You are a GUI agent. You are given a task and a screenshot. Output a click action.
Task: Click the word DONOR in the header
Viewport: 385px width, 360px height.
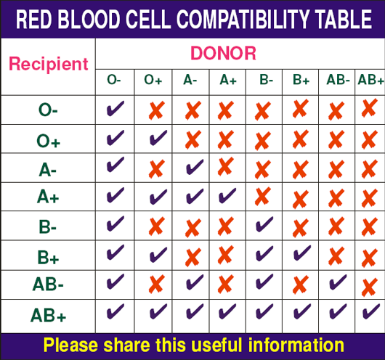(x=223, y=53)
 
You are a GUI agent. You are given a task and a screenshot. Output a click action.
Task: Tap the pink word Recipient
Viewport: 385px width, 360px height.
(x=49, y=64)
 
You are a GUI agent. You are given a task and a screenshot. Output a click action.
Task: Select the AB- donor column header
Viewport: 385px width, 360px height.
(x=338, y=80)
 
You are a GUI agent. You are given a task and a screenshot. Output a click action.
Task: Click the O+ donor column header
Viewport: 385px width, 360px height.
(x=153, y=80)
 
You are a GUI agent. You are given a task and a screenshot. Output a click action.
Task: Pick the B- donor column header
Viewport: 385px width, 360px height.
(x=267, y=80)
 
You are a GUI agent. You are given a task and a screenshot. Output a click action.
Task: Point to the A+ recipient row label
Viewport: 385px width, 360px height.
(x=48, y=197)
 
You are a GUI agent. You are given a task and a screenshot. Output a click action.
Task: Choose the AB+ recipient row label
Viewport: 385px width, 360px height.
(x=49, y=315)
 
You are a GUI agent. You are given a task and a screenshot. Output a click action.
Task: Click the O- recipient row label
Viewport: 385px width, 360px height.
(x=48, y=110)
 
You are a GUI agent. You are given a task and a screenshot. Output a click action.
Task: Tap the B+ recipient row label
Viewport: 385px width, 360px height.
(x=48, y=257)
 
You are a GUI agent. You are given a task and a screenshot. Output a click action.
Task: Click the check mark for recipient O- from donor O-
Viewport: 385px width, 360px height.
(x=115, y=108)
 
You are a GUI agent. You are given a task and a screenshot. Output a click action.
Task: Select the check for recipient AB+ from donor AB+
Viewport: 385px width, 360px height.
(x=371, y=311)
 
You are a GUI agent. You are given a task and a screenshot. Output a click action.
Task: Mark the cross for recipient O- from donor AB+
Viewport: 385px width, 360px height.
(x=370, y=107)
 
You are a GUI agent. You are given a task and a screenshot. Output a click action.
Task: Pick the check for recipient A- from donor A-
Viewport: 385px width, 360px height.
(x=195, y=167)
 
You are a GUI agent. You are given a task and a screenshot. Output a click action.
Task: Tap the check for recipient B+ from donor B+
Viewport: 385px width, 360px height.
(x=302, y=253)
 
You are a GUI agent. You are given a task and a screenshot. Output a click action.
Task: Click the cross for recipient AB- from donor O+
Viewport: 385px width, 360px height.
(x=157, y=284)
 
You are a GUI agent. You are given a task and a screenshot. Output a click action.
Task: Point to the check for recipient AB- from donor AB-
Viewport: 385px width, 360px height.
(x=338, y=282)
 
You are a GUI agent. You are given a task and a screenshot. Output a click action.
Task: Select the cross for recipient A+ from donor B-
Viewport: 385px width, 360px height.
(x=263, y=196)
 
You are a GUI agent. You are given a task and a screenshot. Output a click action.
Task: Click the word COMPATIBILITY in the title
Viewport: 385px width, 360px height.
(x=243, y=19)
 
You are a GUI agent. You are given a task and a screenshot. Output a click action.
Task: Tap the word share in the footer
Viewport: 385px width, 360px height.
(x=126, y=345)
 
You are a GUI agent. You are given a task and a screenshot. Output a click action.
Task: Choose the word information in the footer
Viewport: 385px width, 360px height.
(x=296, y=345)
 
